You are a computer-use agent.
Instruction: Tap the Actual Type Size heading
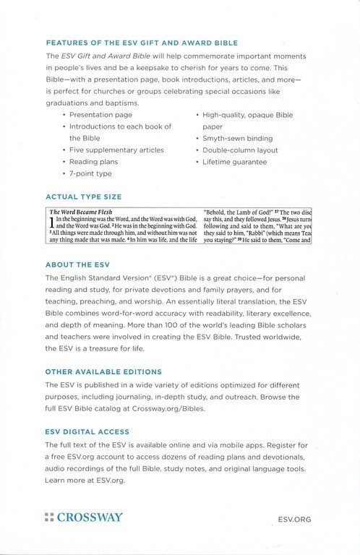pyautogui.click(x=83, y=197)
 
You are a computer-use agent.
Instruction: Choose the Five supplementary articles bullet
pyautogui.click(x=116, y=150)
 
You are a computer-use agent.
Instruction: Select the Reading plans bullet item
pyautogui.click(x=93, y=162)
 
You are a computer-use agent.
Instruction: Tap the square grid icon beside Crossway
pyautogui.click(x=48, y=517)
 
